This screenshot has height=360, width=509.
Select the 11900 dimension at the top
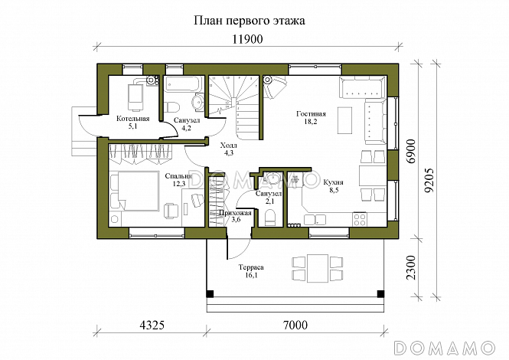coord(250,41)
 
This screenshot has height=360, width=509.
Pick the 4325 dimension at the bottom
coord(152,325)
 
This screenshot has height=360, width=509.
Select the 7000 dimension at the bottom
coord(295,325)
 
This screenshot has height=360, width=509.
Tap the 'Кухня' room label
coord(333,183)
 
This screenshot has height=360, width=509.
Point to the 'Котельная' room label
coord(132,119)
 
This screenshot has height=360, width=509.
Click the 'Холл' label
coord(228,145)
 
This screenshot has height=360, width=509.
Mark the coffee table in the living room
coord(345,119)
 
